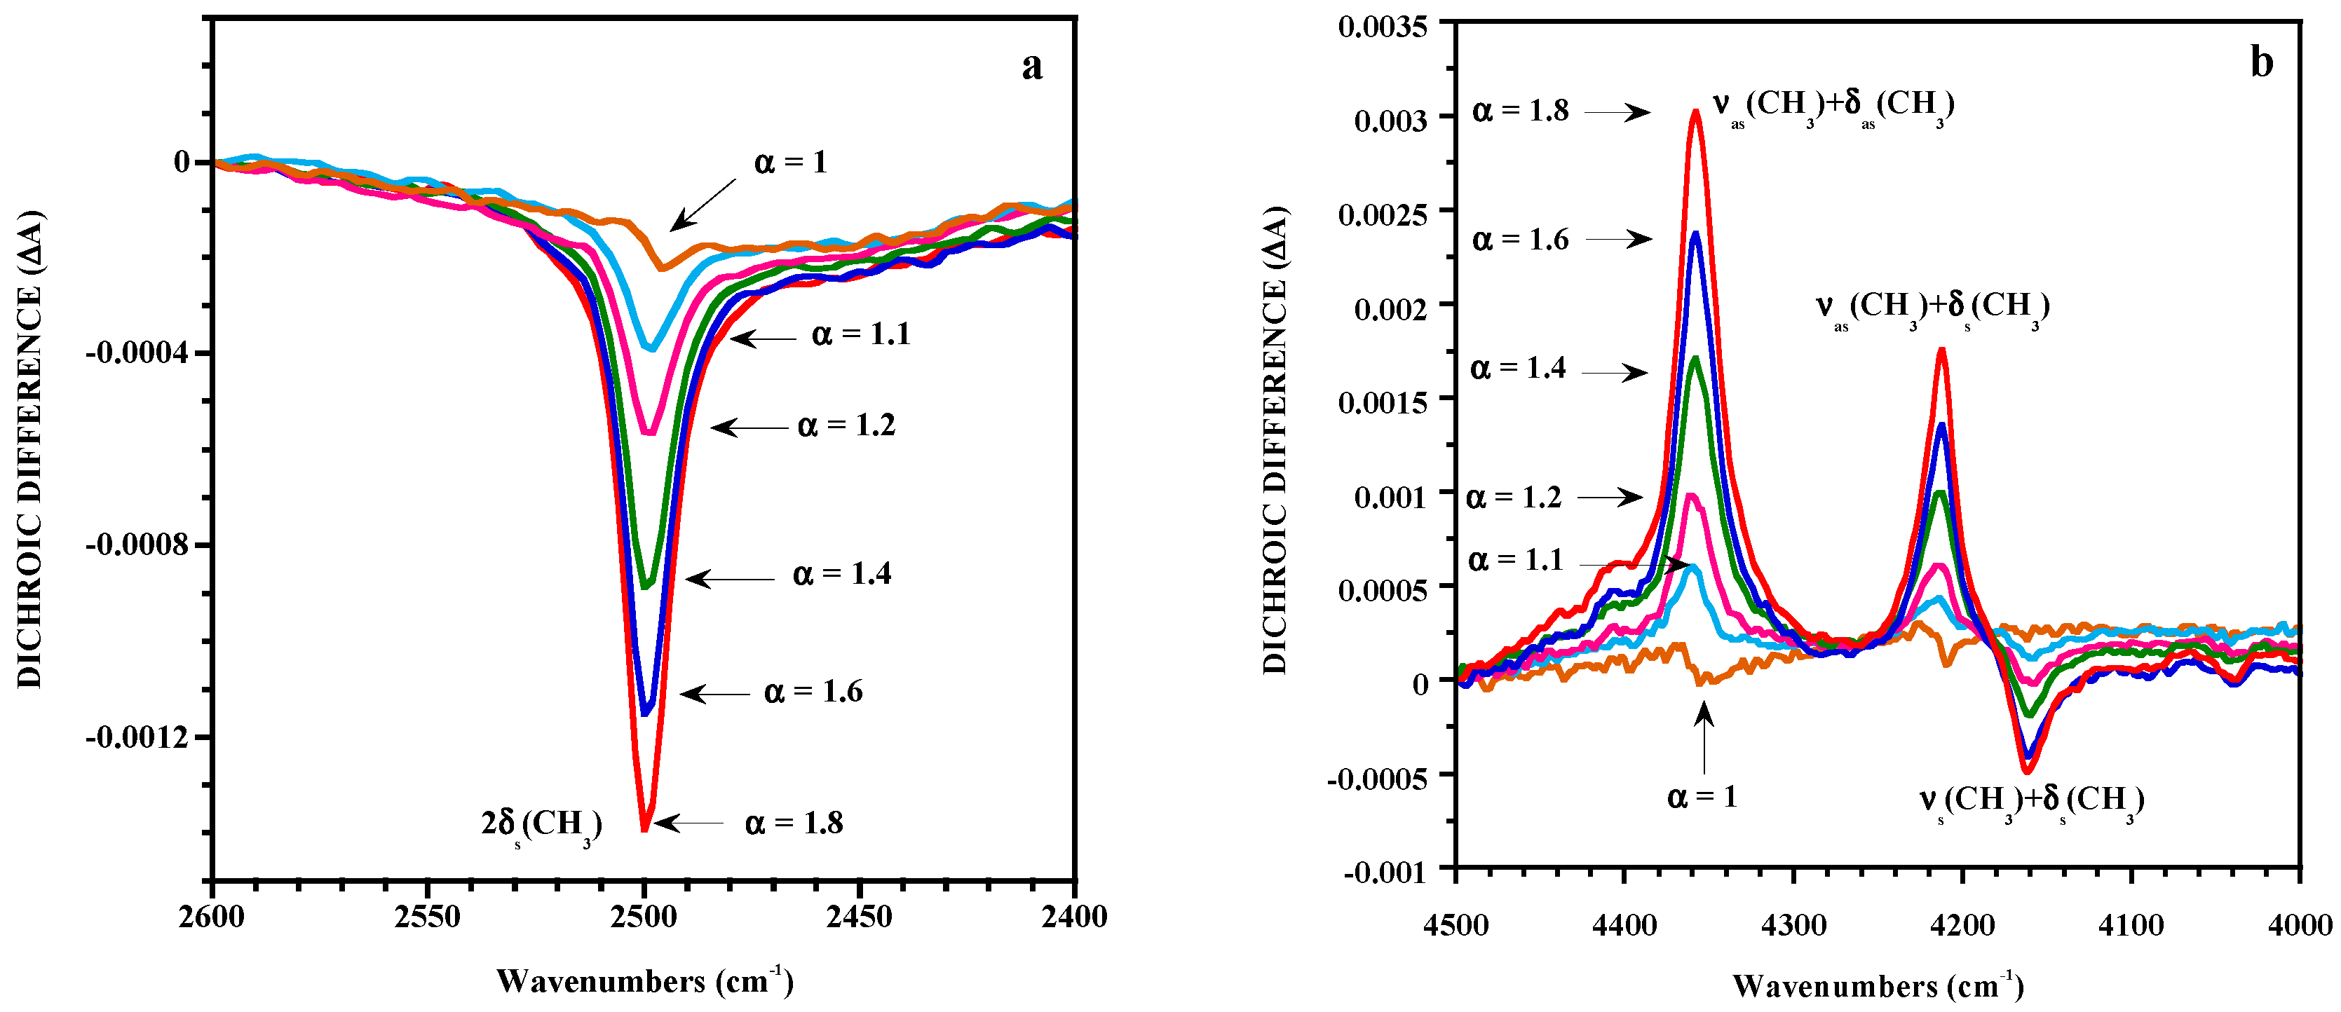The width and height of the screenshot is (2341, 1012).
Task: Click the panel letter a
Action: pyautogui.click(x=1031, y=67)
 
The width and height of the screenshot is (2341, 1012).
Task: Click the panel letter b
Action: pyautogui.click(x=2262, y=62)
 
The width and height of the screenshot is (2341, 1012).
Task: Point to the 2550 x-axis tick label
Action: pyautogui.click(x=427, y=917)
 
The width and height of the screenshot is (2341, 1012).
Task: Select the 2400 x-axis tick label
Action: pyautogui.click(x=1074, y=917)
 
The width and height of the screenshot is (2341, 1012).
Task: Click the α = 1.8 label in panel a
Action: pyautogui.click(x=794, y=823)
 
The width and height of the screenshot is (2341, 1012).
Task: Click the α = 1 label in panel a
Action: pyautogui.click(x=791, y=163)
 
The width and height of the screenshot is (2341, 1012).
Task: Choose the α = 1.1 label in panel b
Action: pyautogui.click(x=1516, y=561)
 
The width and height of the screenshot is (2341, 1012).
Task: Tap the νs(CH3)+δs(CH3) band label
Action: pyautogui.click(x=2031, y=800)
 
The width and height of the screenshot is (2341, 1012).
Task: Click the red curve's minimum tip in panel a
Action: pyautogui.click(x=644, y=828)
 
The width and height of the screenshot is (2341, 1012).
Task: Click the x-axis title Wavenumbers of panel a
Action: pyautogui.click(x=644, y=982)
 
